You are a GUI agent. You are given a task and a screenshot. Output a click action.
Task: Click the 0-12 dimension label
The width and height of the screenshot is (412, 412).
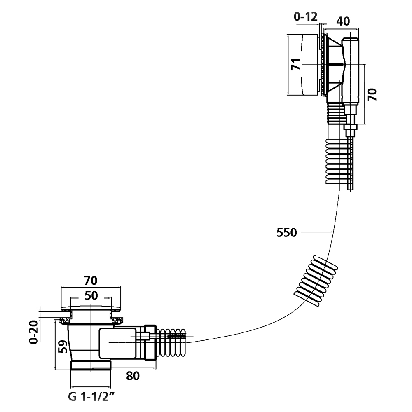tap(305, 17)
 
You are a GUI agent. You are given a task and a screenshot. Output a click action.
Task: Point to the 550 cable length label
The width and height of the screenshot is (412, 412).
tap(287, 233)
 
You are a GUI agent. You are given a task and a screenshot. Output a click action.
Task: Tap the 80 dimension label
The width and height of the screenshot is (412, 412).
tap(133, 376)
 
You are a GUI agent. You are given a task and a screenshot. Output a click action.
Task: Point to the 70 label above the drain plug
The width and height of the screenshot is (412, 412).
tap(91, 281)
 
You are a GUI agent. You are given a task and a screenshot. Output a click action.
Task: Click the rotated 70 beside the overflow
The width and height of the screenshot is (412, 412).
tap(372, 95)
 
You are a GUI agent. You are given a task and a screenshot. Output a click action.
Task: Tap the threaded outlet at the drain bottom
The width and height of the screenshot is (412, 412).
tap(91, 365)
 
